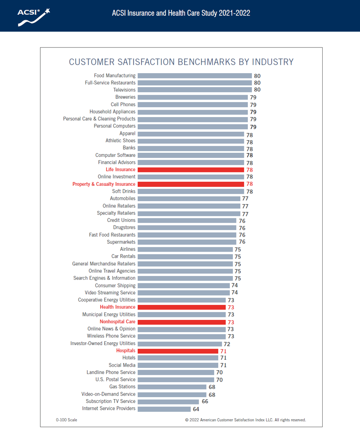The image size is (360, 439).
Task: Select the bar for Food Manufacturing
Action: tap(195, 76)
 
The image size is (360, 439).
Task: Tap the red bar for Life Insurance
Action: tap(191, 170)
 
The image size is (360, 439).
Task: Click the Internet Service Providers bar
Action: tap(164, 409)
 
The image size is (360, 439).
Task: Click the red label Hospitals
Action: tap(126, 351)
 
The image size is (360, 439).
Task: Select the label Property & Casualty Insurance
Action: tap(104, 184)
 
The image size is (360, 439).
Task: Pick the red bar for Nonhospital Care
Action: tap(182, 322)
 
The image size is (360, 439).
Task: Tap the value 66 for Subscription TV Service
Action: tap(205, 402)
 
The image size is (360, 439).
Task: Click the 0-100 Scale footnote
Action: tap(67, 420)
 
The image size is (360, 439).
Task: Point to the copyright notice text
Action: tap(245, 420)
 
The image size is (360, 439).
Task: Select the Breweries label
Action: tap(126, 97)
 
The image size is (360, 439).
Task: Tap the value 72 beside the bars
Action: tap(227, 344)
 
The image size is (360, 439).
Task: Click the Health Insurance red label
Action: tap(118, 307)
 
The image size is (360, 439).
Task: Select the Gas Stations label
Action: tap(122, 387)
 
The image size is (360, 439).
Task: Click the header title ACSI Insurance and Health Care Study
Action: tap(181, 13)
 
